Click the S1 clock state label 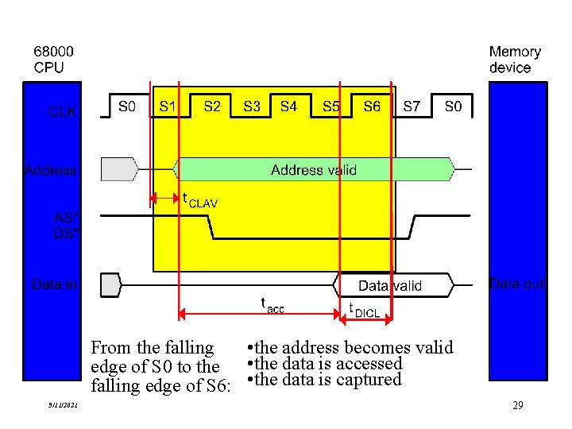[168, 106]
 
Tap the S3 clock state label [252, 106]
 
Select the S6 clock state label [372, 106]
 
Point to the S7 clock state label [412, 106]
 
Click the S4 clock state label [288, 106]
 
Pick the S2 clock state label [212, 106]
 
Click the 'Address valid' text [314, 169]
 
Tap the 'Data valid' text [390, 285]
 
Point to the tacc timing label [272, 304]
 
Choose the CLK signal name [63, 112]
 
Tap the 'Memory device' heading [515, 60]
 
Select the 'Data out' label [517, 284]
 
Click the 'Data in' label [54, 284]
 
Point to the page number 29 [517, 405]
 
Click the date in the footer [63, 406]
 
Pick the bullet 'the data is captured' [326, 380]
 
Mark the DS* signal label [65, 233]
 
